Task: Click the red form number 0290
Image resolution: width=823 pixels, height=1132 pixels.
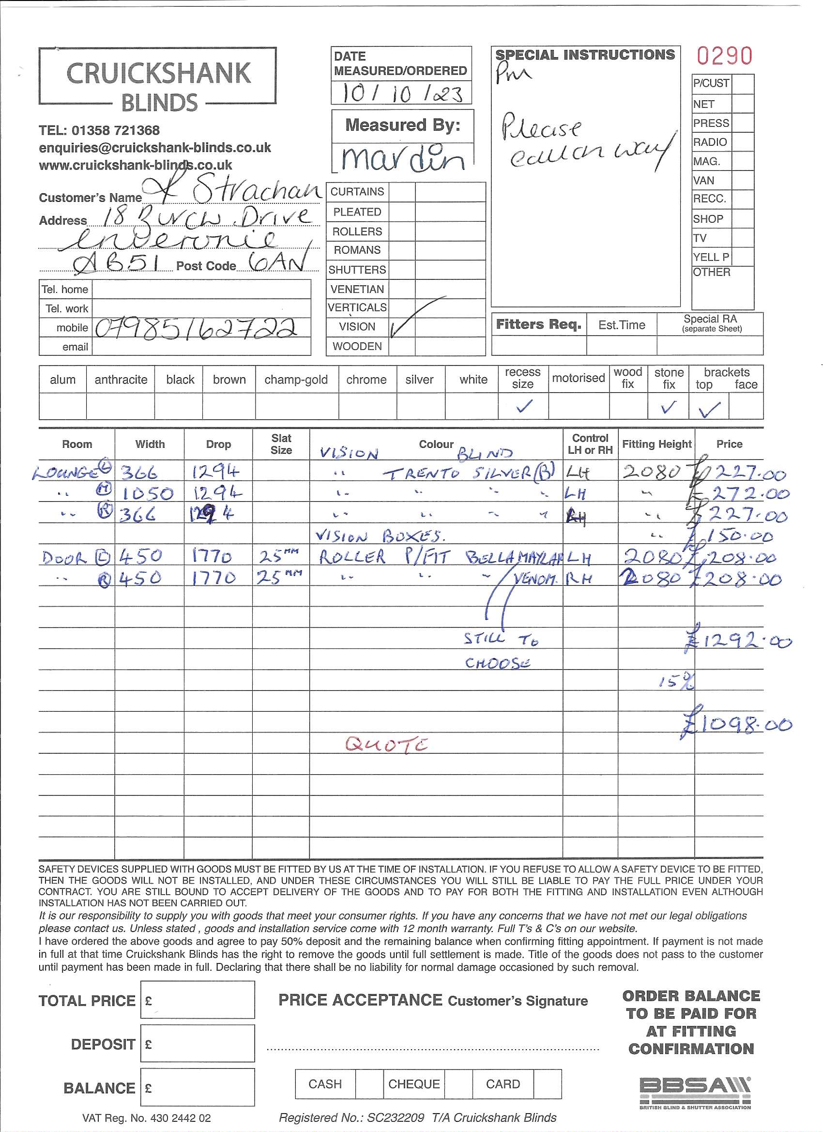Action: coord(724,56)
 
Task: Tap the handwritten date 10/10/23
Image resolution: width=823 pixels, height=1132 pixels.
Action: coord(402,93)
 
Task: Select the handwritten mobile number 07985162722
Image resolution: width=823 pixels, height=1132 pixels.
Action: coord(196,328)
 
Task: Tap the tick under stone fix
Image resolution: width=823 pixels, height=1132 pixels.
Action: coord(668,407)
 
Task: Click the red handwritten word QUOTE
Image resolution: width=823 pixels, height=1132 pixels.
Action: coord(386,745)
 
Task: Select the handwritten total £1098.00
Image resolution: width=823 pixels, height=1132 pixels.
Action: coord(738,724)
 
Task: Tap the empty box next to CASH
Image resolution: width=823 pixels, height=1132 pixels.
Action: coord(369,1084)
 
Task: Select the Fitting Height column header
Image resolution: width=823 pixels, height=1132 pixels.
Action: coord(656,444)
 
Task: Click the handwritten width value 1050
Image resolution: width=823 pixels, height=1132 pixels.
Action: coord(148,494)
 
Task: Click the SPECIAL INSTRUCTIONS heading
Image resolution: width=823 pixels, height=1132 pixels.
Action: coord(584,55)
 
